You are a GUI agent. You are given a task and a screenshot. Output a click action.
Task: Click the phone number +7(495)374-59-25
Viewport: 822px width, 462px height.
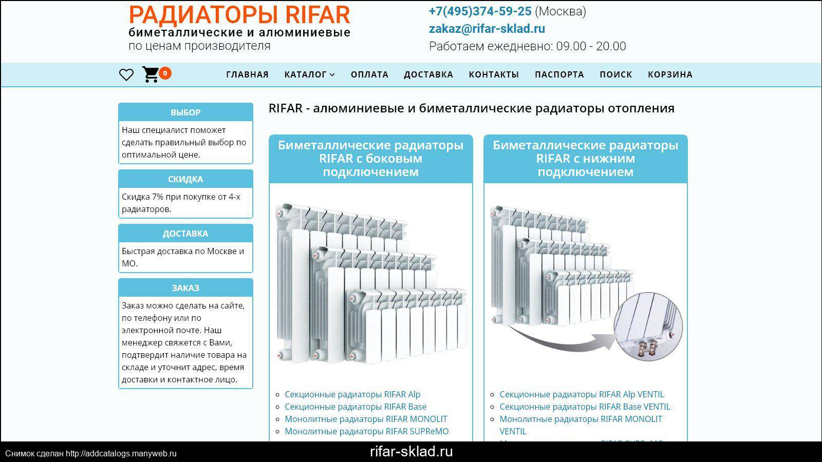click(480, 11)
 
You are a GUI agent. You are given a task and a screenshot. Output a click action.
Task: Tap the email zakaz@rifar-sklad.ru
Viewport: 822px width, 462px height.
click(487, 29)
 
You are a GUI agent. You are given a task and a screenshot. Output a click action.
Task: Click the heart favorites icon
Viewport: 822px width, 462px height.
click(126, 75)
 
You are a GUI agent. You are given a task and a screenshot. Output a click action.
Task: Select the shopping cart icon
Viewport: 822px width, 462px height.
click(151, 74)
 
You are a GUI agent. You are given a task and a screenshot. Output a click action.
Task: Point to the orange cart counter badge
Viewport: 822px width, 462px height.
click(165, 73)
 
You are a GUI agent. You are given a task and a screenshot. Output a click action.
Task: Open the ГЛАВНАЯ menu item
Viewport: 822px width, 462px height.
click(247, 74)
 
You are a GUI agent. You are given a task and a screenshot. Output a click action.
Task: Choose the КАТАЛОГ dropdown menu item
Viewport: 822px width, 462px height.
click(309, 74)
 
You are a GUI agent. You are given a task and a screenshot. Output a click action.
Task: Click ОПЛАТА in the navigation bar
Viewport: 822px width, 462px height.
click(369, 74)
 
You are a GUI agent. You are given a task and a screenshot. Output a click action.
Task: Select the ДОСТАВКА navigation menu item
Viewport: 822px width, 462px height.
click(428, 74)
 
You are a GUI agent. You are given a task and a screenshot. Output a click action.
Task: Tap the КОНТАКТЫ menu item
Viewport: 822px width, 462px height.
click(494, 74)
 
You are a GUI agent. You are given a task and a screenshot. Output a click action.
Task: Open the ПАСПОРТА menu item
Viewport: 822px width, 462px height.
click(559, 74)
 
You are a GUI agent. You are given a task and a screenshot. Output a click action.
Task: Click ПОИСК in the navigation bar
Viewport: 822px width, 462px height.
click(616, 74)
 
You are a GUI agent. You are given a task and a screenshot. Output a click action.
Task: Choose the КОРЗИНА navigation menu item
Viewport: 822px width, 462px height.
click(670, 74)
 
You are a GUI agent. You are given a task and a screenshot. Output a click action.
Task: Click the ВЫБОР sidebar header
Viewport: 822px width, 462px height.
click(185, 112)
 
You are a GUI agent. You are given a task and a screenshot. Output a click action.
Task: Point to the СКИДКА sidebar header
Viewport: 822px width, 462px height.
click(185, 179)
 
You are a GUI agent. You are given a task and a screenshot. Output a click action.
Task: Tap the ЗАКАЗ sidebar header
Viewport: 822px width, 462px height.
click(185, 288)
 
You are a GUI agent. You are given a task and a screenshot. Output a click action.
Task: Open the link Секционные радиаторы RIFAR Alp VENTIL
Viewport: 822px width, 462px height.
click(582, 394)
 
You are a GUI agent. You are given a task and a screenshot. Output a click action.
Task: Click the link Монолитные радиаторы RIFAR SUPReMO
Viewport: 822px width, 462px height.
click(367, 431)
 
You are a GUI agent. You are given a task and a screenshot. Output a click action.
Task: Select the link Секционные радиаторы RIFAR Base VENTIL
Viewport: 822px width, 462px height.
click(585, 407)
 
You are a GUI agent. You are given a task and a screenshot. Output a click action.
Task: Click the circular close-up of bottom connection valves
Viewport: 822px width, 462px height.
click(648, 326)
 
